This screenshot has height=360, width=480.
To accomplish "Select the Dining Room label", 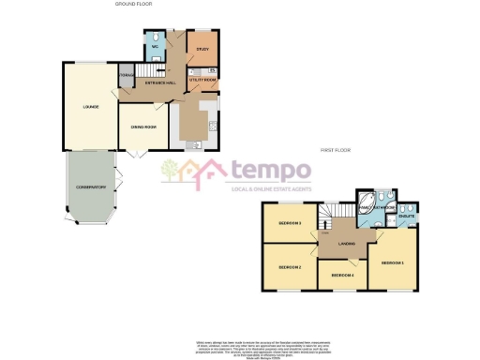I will (x=142, y=127).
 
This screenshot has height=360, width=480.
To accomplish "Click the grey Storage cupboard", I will (x=126, y=77).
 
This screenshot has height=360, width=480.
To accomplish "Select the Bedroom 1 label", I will (x=394, y=262).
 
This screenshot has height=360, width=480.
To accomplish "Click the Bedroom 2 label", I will (x=290, y=267).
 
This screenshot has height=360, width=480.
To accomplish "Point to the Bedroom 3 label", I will (x=290, y=223).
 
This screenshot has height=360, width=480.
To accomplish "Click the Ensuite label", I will (x=407, y=216).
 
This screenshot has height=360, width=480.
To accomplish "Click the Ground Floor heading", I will (x=132, y=5).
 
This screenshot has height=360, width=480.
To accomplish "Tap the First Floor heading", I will (x=335, y=150).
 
